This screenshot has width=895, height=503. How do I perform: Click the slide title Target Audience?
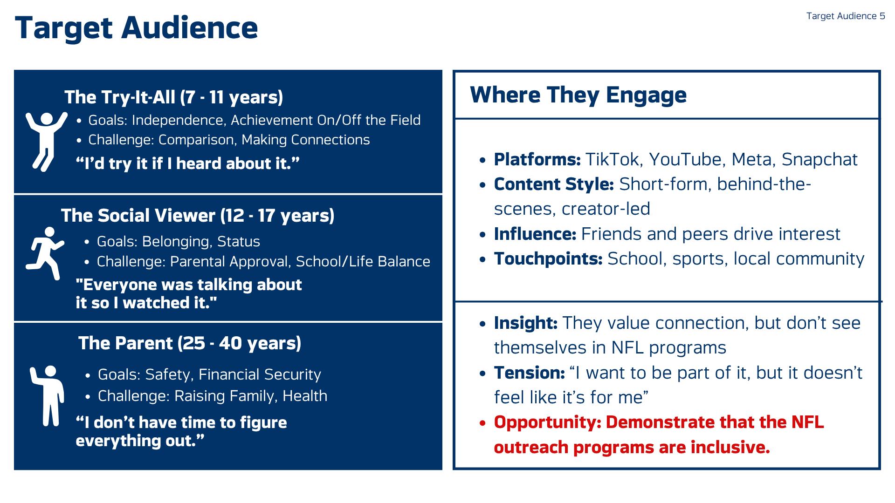click(136, 28)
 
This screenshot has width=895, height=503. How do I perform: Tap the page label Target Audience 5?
click(846, 16)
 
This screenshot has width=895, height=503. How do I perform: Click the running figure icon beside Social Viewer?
click(45, 253)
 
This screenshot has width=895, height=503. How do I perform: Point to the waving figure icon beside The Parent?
click(47, 396)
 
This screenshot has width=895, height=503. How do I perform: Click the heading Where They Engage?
click(578, 95)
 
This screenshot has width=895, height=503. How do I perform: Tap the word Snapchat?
click(819, 160)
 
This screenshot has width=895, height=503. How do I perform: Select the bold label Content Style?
click(554, 184)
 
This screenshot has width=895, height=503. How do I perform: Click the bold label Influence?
click(535, 234)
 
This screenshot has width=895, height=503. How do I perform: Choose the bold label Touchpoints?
click(548, 259)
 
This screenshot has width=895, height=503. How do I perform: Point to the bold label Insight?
click(526, 323)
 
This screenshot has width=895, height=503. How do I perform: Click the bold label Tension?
click(530, 373)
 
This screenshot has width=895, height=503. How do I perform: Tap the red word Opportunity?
click(548, 422)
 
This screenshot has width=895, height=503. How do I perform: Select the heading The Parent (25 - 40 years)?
click(190, 344)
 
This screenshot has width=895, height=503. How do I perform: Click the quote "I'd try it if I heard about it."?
click(187, 163)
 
